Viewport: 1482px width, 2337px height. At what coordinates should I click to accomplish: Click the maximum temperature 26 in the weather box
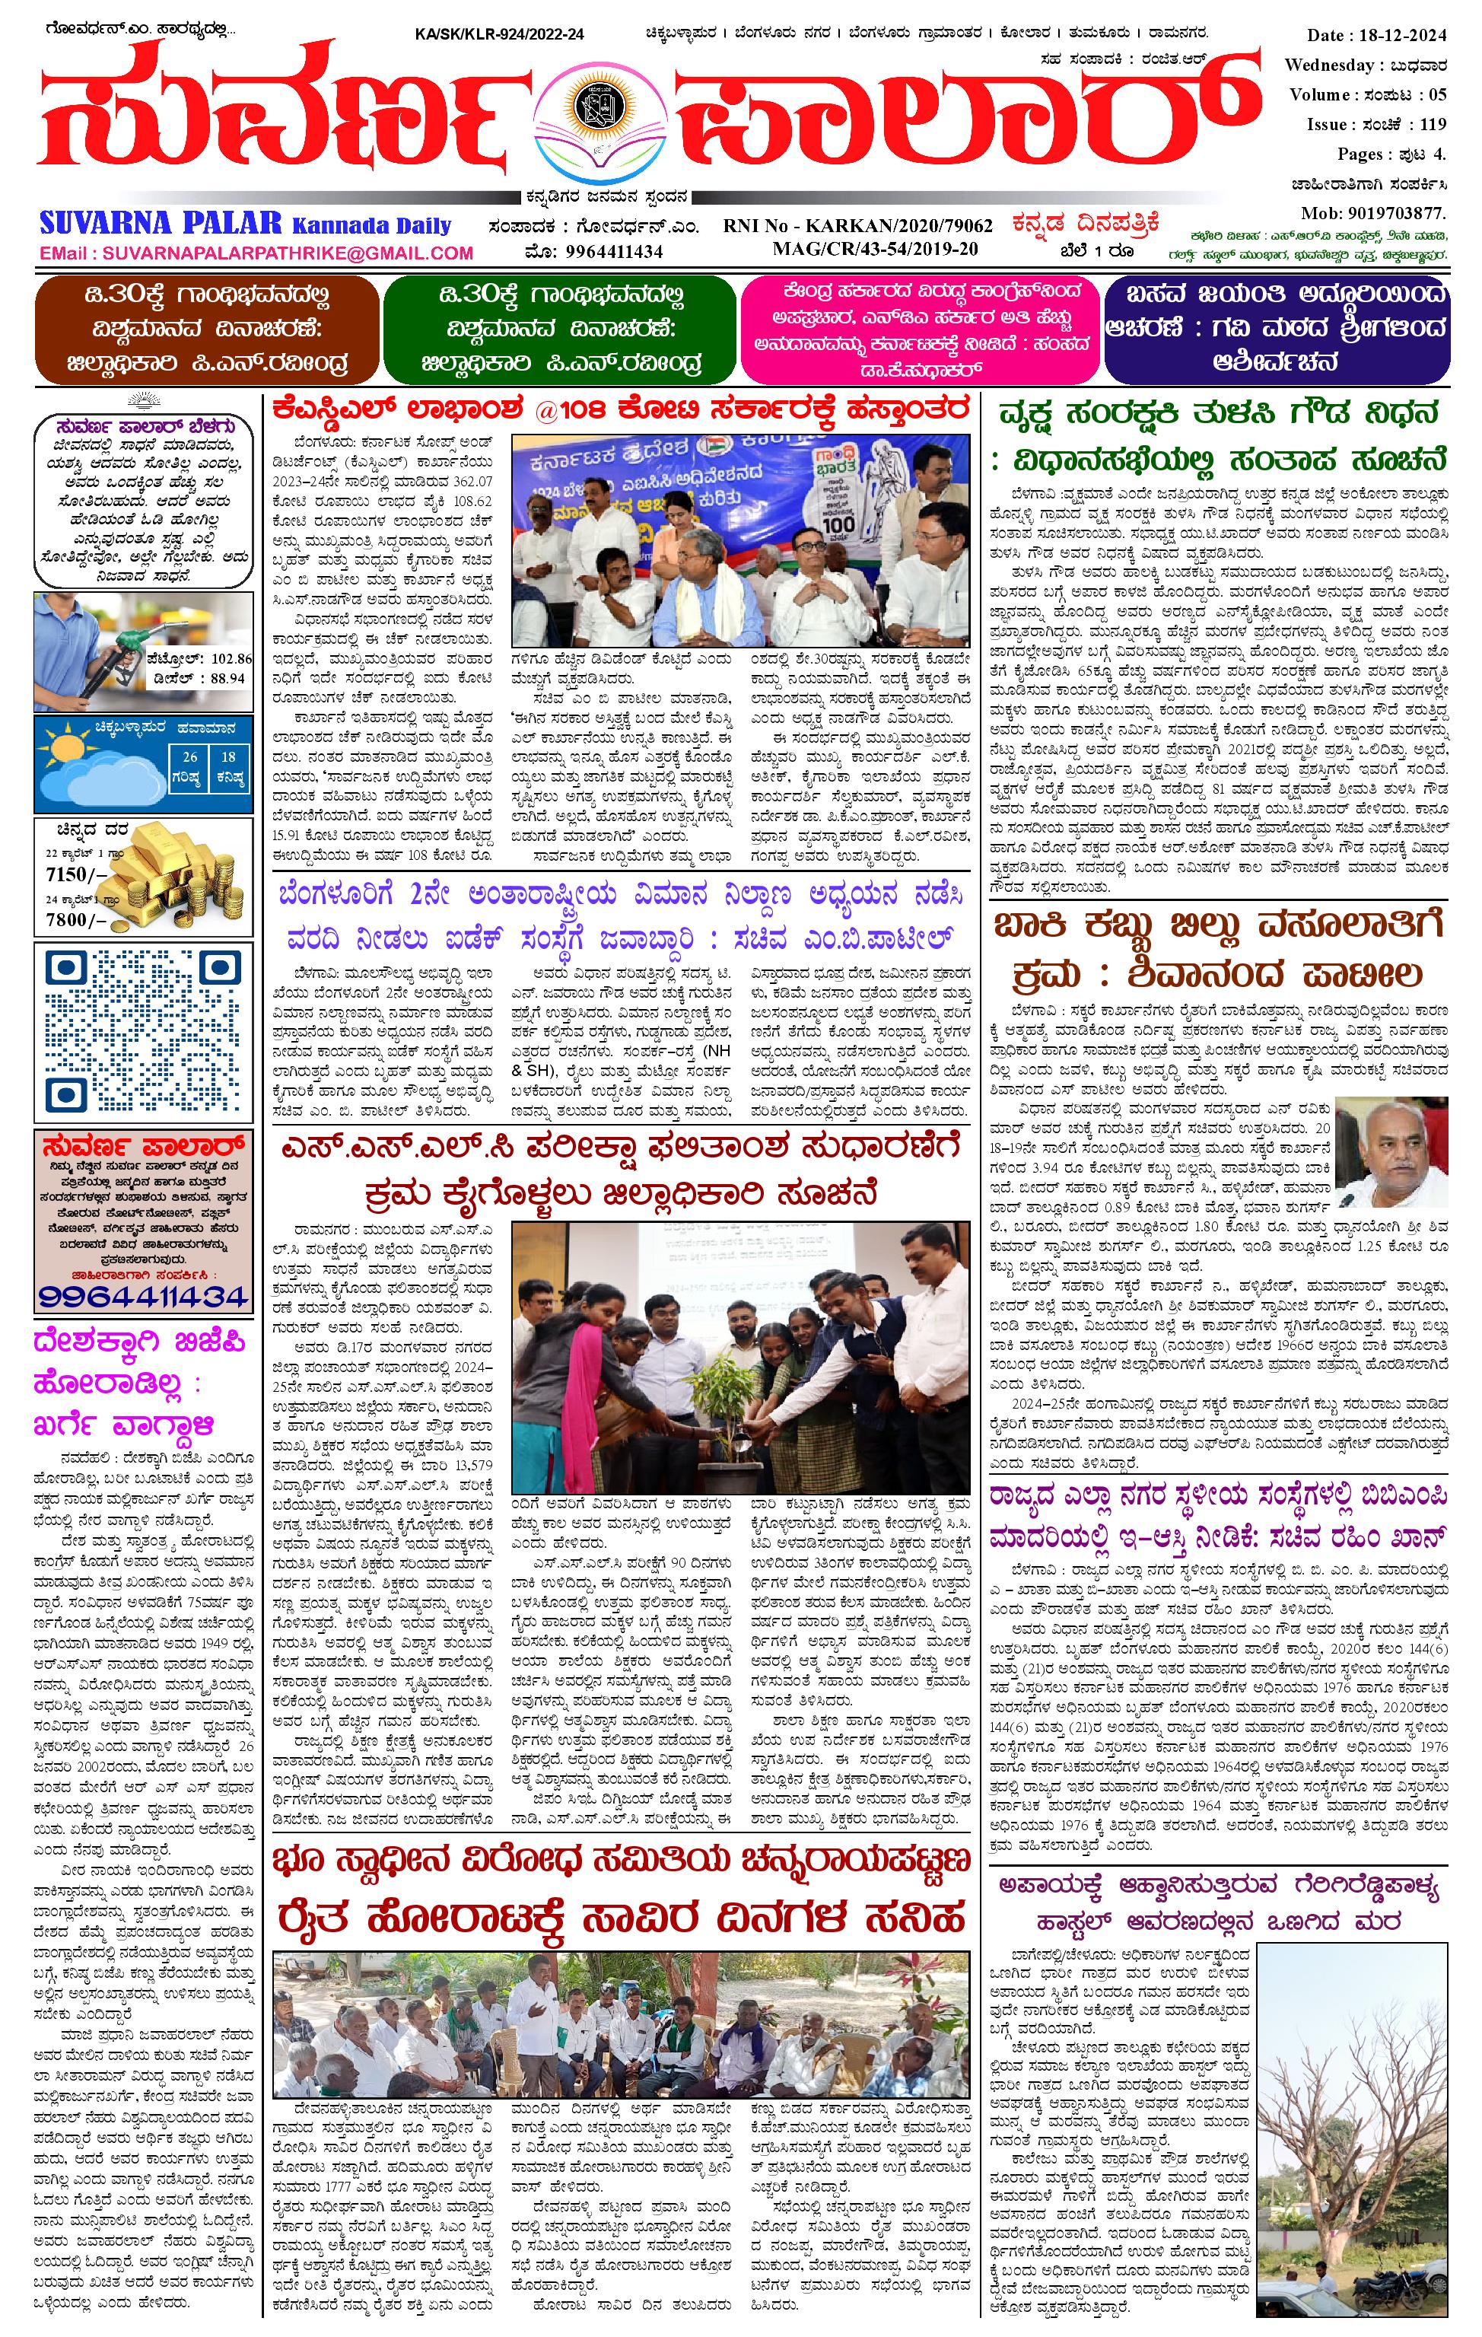[191, 757]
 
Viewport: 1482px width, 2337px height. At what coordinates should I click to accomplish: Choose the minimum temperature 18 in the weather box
[228, 757]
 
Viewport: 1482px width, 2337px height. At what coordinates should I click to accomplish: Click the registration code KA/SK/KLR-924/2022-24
[499, 35]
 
